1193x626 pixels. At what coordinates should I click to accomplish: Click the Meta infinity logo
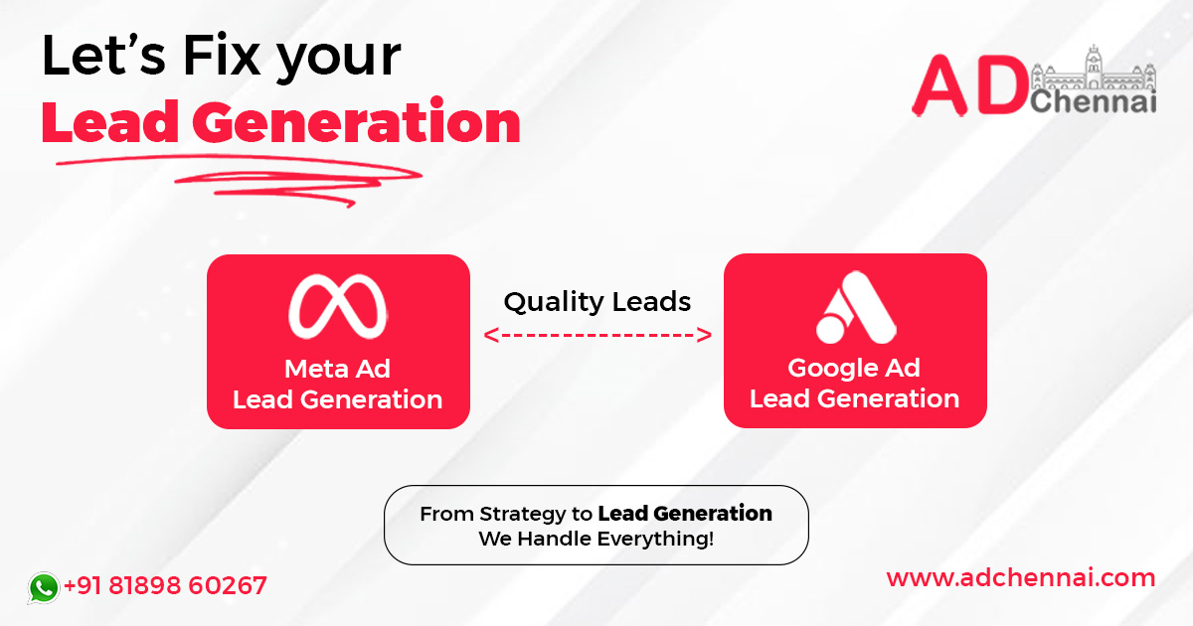tap(337, 305)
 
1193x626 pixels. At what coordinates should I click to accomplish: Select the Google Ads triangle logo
tap(855, 306)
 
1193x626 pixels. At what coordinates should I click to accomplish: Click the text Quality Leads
tap(596, 301)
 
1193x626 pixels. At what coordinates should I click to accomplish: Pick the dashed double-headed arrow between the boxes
tap(596, 335)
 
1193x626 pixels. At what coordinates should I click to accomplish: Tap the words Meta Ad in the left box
tap(337, 369)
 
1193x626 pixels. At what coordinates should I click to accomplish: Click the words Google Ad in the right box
tap(854, 368)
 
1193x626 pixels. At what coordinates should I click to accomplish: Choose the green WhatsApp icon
tap(43, 587)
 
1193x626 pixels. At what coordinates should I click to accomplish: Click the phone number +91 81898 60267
tap(165, 585)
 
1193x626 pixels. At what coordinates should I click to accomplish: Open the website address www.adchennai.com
tap(1020, 577)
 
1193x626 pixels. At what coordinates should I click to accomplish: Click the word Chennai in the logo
tap(1094, 101)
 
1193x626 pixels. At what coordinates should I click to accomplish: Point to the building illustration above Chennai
tap(1094, 70)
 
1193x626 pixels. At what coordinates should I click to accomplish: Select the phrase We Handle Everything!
tap(596, 540)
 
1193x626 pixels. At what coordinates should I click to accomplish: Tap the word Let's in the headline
tap(102, 58)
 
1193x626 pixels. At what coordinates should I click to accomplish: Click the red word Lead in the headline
tap(108, 123)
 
